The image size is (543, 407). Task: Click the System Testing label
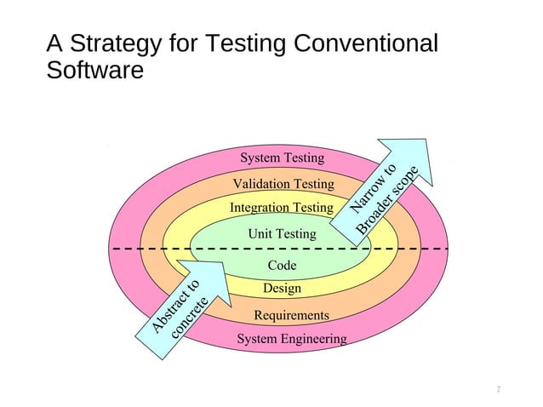(x=282, y=158)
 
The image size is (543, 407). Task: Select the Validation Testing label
(x=283, y=184)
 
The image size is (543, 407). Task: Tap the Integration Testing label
(x=281, y=208)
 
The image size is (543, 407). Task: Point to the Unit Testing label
(x=282, y=233)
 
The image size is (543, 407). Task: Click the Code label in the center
(x=282, y=266)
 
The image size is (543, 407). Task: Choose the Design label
(x=282, y=289)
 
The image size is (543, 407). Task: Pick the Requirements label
(x=291, y=316)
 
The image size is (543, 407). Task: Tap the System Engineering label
(x=291, y=340)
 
